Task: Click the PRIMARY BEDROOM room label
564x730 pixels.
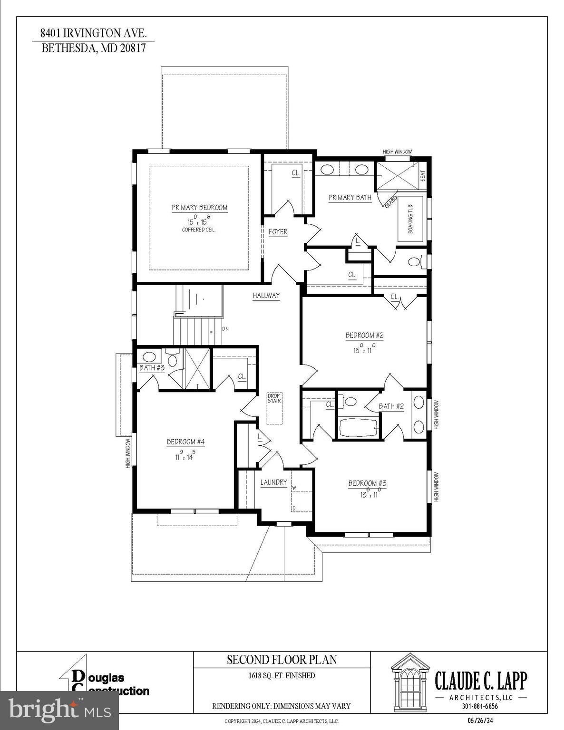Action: coord(199,208)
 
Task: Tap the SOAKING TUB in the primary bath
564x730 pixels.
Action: coord(411,219)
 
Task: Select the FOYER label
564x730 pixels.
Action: coord(278,232)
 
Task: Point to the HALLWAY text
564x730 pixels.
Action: coord(266,296)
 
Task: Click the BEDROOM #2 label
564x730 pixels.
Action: coord(364,336)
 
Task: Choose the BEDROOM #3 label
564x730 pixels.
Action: coord(367,484)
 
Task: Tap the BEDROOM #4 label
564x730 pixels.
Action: coord(185,442)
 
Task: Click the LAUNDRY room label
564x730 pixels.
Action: coord(274,482)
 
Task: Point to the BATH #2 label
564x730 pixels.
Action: coord(391,406)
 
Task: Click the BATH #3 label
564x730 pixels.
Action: coord(152,368)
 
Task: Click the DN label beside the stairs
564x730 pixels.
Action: coord(225,329)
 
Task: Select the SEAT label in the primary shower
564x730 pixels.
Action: coord(423,176)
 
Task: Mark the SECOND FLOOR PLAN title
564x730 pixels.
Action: coord(282,660)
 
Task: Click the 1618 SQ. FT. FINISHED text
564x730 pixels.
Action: coord(282,675)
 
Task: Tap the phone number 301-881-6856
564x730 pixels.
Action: coord(480,706)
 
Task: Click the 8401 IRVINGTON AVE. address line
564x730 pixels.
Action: coord(93,33)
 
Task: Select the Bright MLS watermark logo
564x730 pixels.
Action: coord(59,710)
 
